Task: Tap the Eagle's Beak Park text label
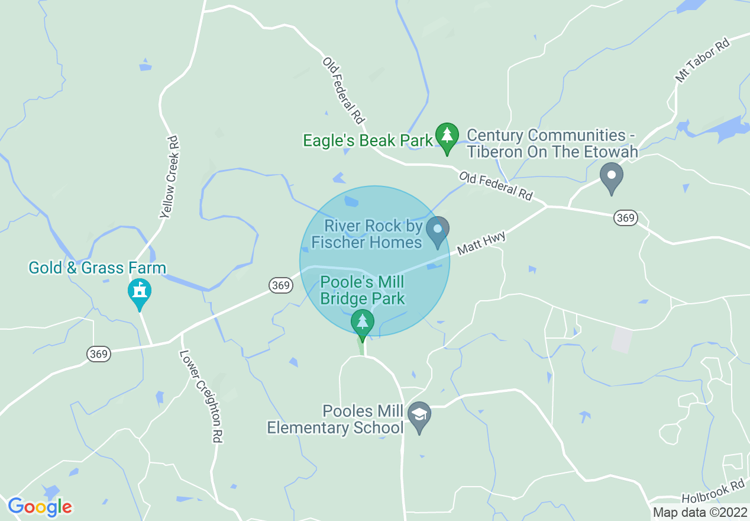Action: [x=368, y=140]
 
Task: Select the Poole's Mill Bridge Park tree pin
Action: [x=362, y=323]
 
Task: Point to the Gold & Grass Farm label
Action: [x=98, y=268]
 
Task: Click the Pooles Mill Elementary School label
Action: [x=335, y=419]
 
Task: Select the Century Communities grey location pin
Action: [x=612, y=177]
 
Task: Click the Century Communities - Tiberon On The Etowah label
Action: [x=552, y=143]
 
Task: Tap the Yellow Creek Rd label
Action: [x=169, y=177]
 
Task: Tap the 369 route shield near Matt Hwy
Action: [x=280, y=285]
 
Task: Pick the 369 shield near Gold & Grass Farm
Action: [x=99, y=354]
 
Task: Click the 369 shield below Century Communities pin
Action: [x=625, y=218]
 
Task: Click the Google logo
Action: [x=40, y=506]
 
